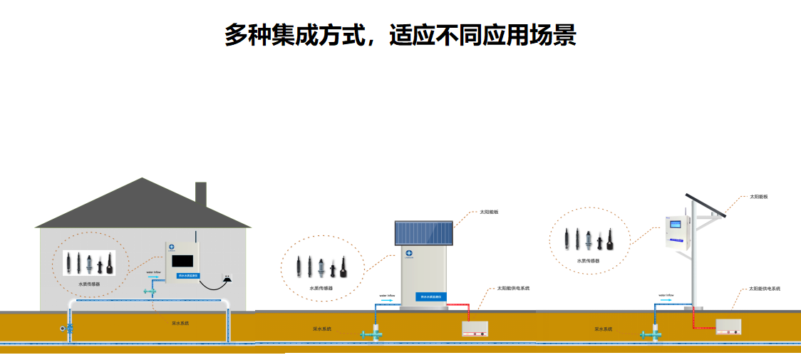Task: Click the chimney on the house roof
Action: (x=201, y=193)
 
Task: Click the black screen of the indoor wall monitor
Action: (x=185, y=260)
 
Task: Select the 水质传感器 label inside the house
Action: (x=89, y=284)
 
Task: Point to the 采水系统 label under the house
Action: (x=180, y=323)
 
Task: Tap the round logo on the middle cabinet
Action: (x=410, y=253)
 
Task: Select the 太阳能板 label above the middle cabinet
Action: (x=489, y=212)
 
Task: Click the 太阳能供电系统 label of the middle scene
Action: (x=513, y=289)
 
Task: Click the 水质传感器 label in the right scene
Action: (x=588, y=261)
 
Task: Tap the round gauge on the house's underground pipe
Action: (x=63, y=329)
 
